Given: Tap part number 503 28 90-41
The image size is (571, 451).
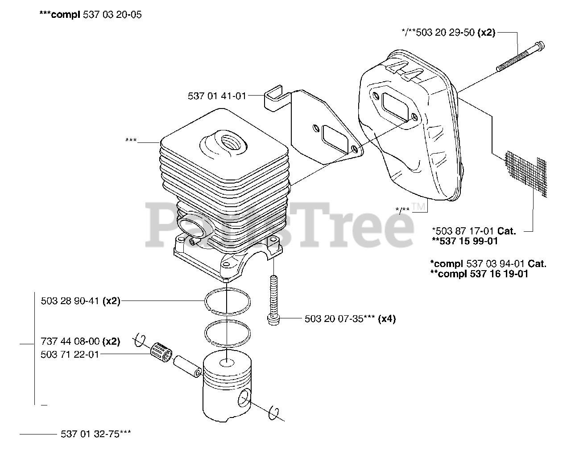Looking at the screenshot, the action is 70,301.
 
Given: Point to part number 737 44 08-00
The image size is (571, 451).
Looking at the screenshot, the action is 70,342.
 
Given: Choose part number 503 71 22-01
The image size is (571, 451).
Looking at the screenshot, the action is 70,354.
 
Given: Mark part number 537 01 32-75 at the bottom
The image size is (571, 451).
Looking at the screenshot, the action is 95,434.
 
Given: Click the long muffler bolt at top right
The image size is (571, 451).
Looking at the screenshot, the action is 520,58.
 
